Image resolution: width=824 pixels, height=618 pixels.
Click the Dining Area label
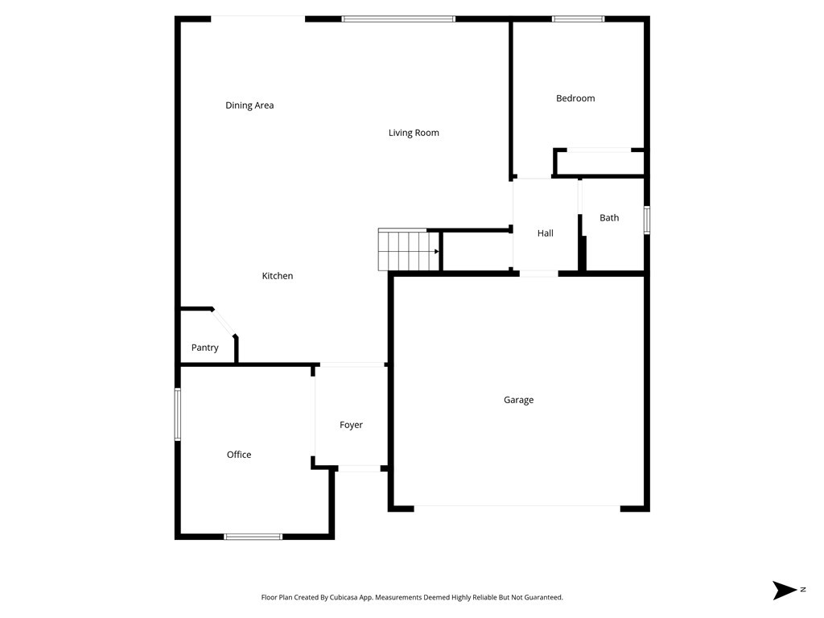(249, 105)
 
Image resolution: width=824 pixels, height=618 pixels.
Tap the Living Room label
(414, 133)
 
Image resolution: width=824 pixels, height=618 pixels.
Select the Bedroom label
(575, 98)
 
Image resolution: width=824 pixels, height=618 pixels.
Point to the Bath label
(609, 217)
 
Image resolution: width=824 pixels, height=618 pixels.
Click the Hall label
(546, 233)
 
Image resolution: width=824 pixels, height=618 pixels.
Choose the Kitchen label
(278, 276)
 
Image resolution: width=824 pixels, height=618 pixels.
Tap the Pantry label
(205, 348)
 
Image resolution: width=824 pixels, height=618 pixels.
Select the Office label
(239, 455)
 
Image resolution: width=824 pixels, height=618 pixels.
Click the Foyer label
(351, 425)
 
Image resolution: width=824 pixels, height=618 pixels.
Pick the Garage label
(518, 400)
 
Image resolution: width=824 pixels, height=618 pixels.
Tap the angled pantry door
(225, 323)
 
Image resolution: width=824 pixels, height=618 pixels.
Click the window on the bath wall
(646, 220)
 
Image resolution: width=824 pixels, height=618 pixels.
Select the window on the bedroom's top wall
(578, 19)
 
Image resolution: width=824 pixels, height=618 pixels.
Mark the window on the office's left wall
(178, 414)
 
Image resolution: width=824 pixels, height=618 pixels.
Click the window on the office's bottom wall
(253, 537)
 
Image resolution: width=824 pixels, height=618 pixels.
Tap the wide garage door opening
(517, 507)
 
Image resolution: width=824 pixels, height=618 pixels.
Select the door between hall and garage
(538, 274)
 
